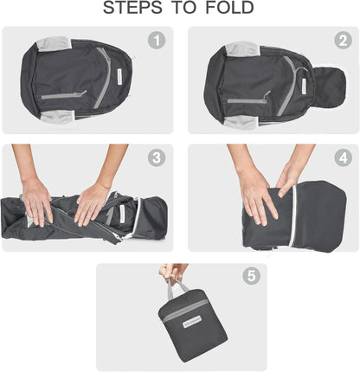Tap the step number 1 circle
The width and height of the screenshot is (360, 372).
coord(157,41)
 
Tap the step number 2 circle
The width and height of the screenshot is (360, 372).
coord(343,41)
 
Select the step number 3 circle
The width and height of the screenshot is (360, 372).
coord(157,157)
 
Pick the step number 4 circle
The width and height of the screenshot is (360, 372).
coord(343,157)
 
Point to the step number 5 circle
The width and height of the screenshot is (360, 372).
coord(251,277)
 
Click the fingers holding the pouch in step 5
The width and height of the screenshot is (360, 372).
coord(173,272)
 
